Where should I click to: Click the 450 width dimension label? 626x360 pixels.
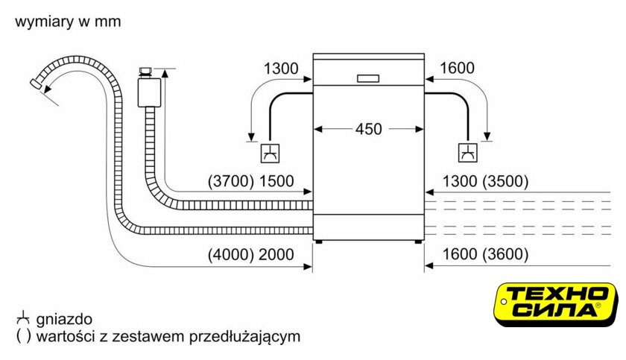pyautogui.click(x=369, y=129)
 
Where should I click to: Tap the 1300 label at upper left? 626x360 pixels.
pyautogui.click(x=281, y=69)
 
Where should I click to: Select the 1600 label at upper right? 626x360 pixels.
pyautogui.click(x=457, y=69)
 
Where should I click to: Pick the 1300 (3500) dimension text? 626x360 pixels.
pyautogui.click(x=484, y=181)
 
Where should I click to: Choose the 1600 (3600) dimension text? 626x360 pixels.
pyautogui.click(x=484, y=255)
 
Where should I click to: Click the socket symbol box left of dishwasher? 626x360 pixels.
pyautogui.click(x=268, y=154)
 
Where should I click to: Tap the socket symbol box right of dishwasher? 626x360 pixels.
pyautogui.click(x=467, y=154)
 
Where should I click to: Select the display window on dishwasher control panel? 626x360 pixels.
pyautogui.click(x=369, y=78)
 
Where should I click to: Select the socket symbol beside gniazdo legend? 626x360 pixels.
pyautogui.click(x=23, y=318)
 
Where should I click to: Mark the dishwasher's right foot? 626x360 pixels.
pyautogui.click(x=416, y=242)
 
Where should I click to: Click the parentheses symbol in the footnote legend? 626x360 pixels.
pyautogui.click(x=23, y=336)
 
